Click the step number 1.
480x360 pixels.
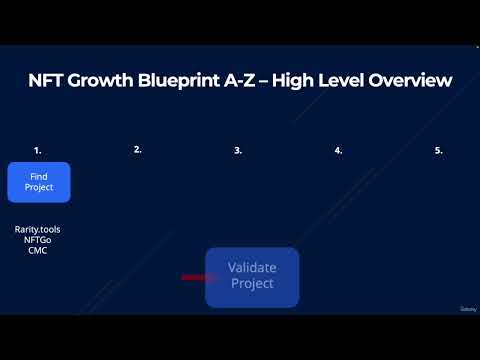coord(38,150)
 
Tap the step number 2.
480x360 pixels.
coord(138,149)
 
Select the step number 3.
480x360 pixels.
coord(238,150)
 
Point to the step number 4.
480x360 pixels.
coord(338,150)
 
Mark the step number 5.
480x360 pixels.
coord(438,150)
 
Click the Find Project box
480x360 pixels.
coord(39,182)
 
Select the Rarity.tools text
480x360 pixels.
coord(39,230)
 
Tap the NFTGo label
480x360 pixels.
coord(39,240)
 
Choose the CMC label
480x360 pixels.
coord(39,250)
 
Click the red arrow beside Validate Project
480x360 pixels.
coord(193,277)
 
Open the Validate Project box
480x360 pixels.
coord(252,277)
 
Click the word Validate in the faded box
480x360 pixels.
coord(252,268)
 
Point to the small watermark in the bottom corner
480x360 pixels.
coord(467,309)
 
